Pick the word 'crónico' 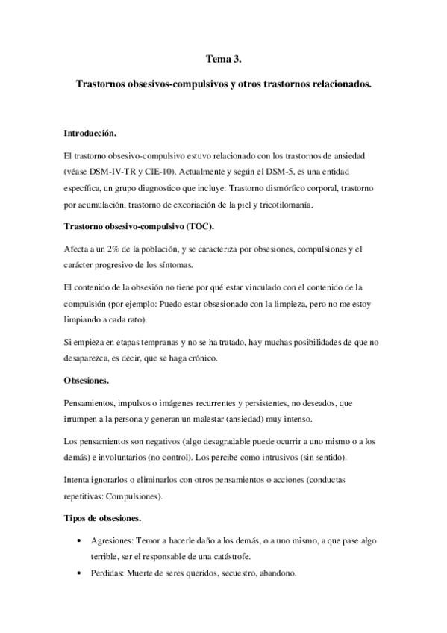201,358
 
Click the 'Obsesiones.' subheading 87,380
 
